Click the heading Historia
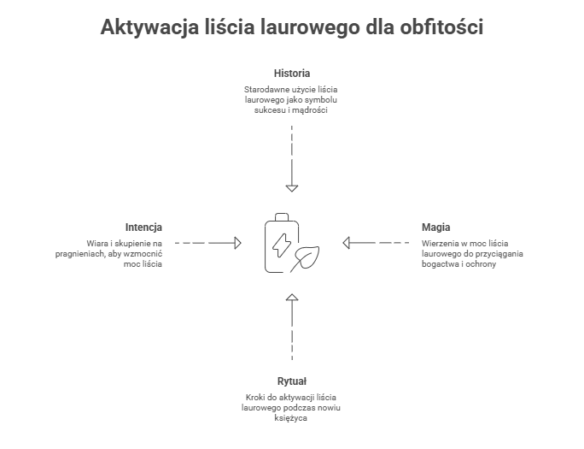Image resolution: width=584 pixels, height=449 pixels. coord(291,73)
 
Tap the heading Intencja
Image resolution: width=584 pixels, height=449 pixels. coord(143,227)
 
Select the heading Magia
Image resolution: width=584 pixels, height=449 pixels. coord(435,227)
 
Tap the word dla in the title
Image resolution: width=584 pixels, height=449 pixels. coord(377,27)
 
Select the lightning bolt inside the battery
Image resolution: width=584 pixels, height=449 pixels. coord(281,245)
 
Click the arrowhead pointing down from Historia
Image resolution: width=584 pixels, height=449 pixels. coord(292,186)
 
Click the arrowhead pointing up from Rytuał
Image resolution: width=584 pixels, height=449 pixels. coord(292,298)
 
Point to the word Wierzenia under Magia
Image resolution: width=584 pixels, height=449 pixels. coord(438,244)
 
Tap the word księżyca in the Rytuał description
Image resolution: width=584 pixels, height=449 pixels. coord(291,419)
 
